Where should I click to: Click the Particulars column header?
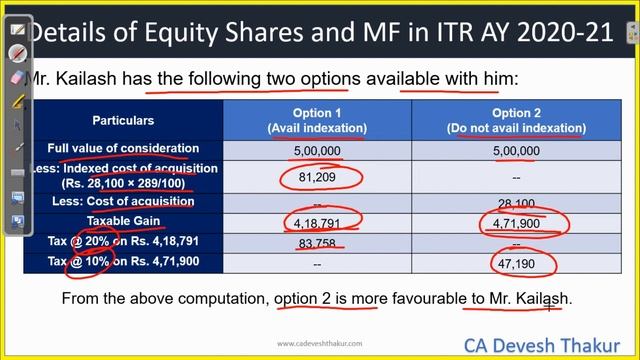pos(123,121)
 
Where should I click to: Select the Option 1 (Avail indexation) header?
pos(317,121)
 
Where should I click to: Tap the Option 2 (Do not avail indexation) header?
pos(516,121)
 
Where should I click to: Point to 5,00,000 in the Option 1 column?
pos(317,151)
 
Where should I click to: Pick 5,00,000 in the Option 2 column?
pos(516,151)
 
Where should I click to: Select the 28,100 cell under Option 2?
pos(516,203)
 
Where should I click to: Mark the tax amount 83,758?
pos(318,242)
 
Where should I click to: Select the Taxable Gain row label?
pos(123,221)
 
